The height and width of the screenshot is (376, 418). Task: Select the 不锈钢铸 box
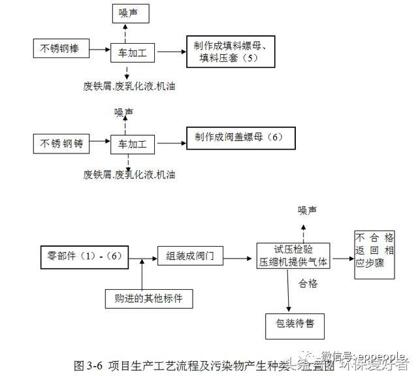pyautogui.click(x=63, y=142)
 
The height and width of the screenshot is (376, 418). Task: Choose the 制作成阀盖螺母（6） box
pyautogui.click(x=239, y=138)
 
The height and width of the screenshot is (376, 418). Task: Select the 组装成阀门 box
pyautogui.click(x=189, y=257)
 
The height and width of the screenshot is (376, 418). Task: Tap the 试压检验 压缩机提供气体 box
pyautogui.click(x=293, y=255)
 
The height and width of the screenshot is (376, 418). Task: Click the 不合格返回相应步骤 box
pyautogui.click(x=375, y=254)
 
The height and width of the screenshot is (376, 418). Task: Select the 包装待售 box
pyautogui.click(x=294, y=324)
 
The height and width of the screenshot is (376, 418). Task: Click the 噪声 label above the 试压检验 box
pyautogui.click(x=308, y=210)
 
